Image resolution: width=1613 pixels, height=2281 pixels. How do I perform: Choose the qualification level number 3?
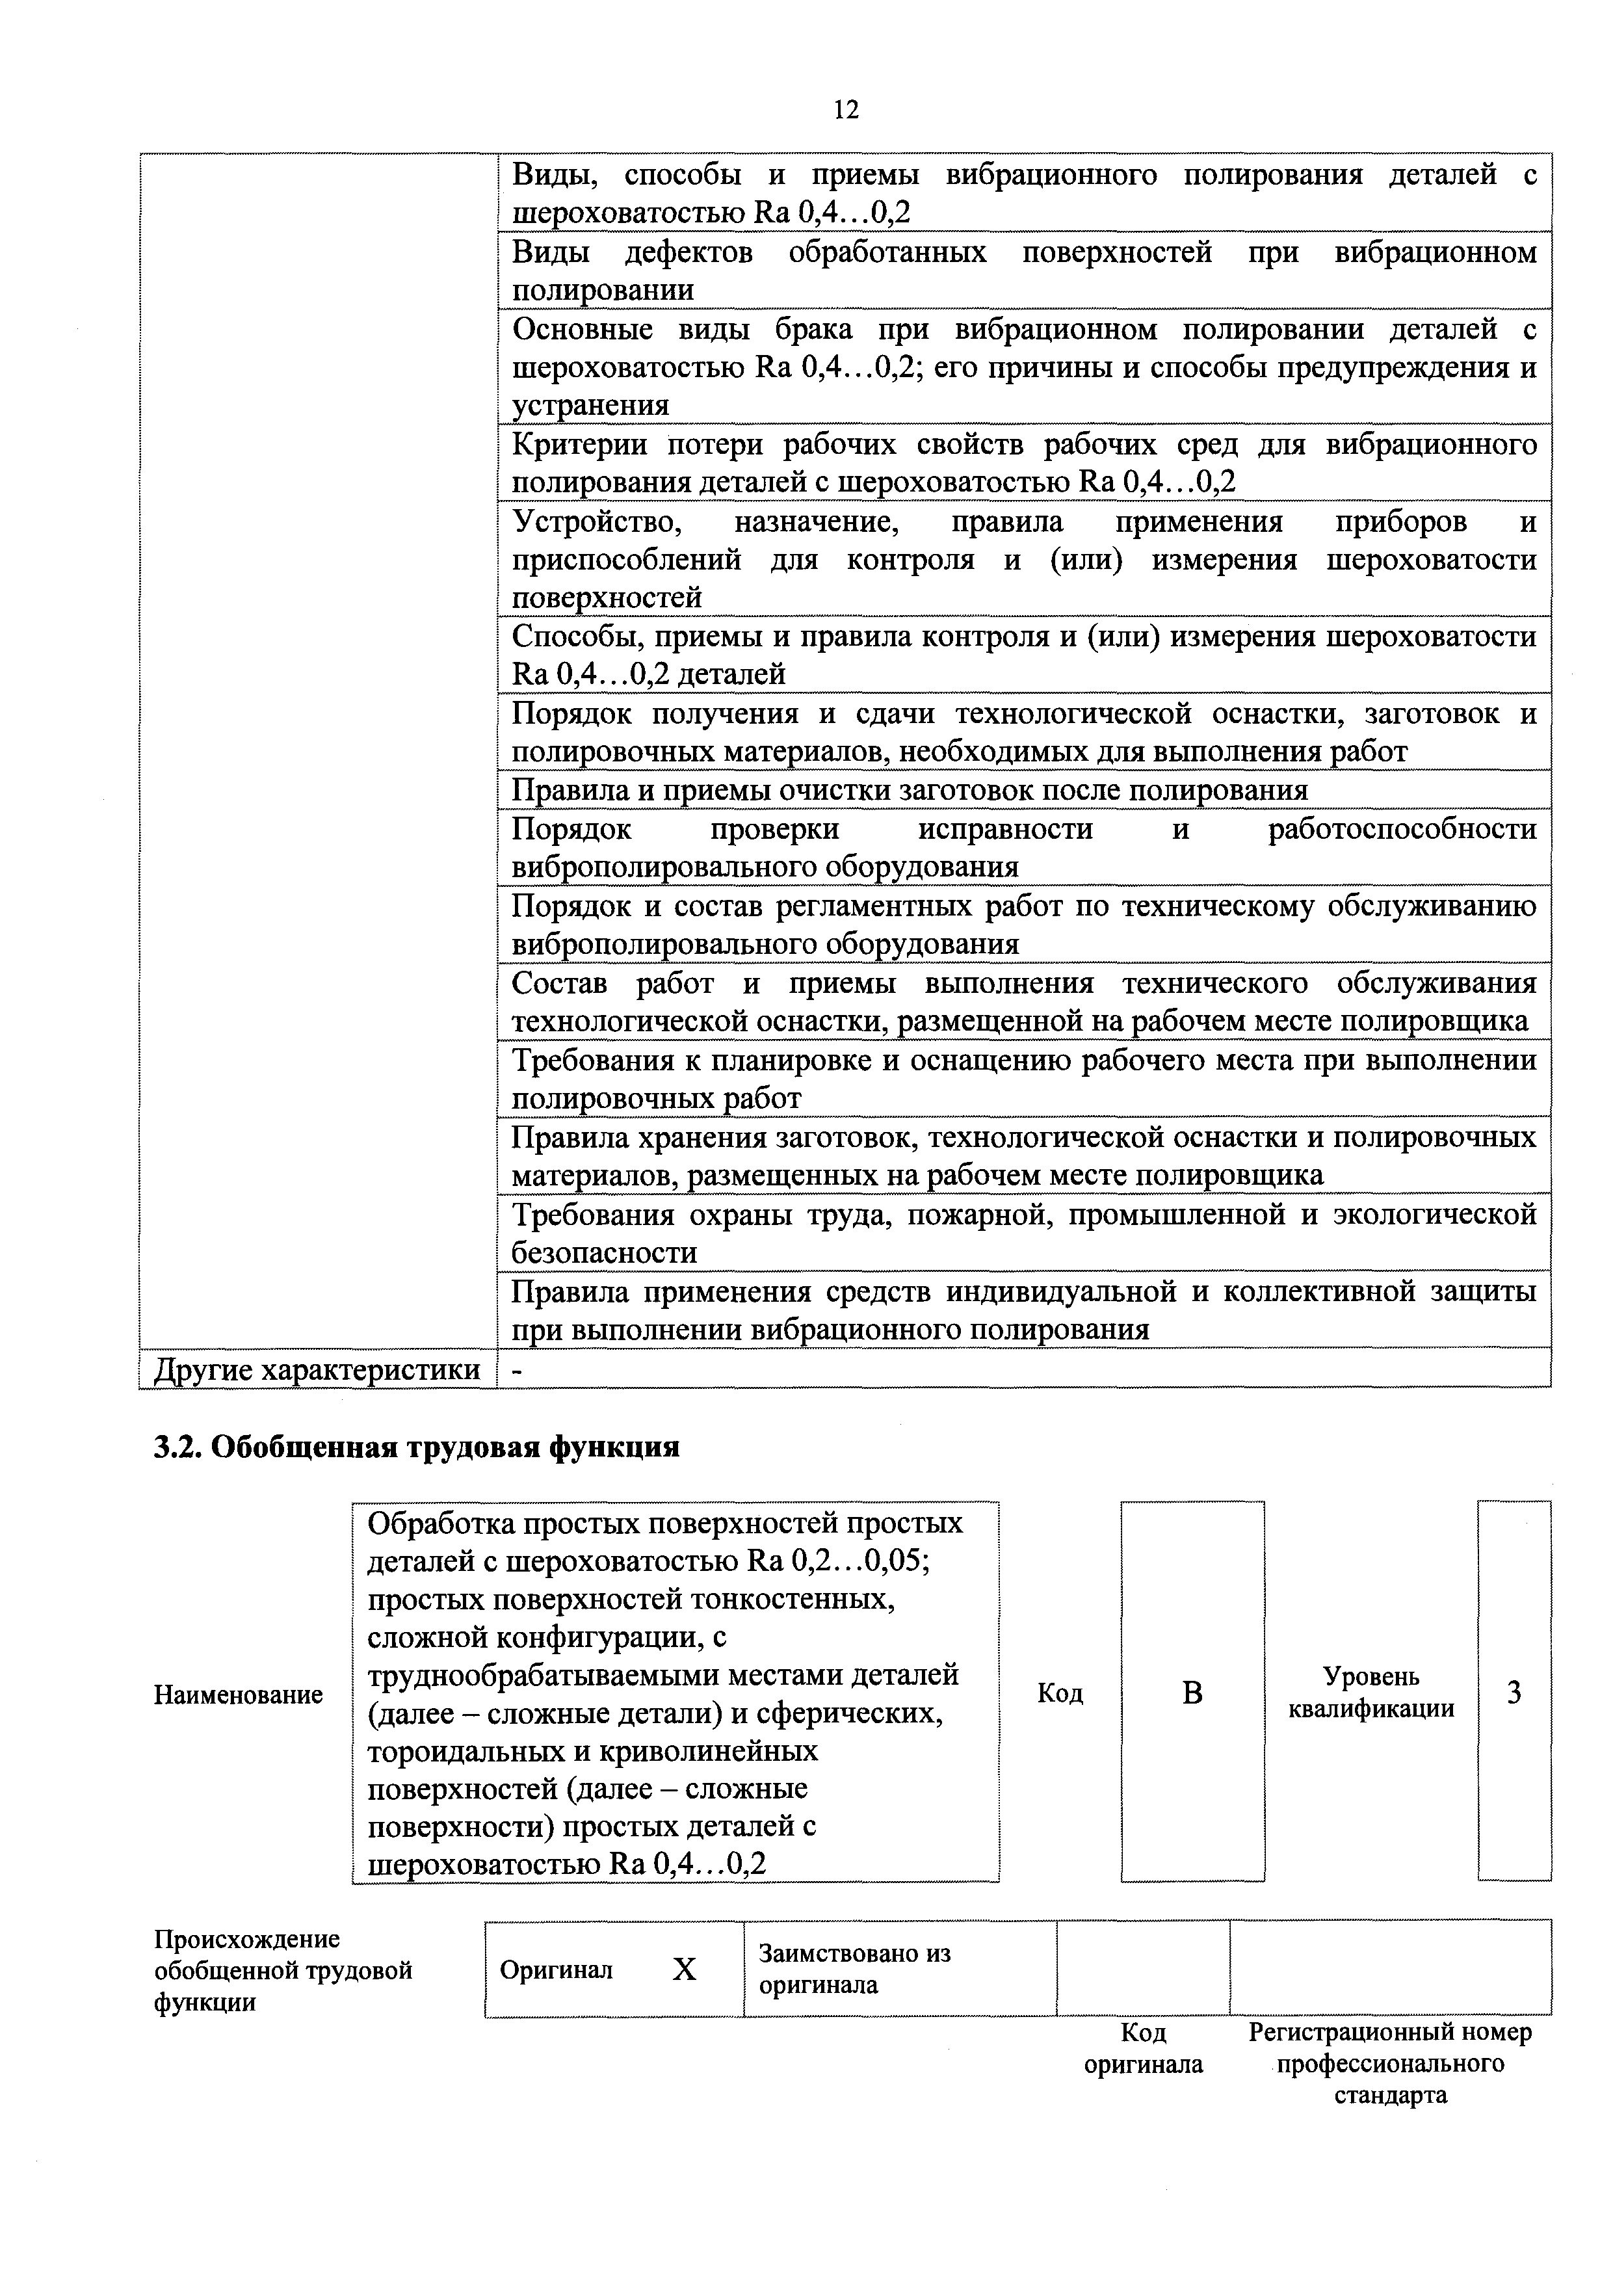(x=1514, y=1693)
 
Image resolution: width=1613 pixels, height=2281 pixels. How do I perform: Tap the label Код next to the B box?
(x=1060, y=1693)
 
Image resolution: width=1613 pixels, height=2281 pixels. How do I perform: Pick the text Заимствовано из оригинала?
(x=854, y=1969)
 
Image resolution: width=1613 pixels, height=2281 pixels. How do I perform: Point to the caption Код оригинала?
(x=1143, y=2048)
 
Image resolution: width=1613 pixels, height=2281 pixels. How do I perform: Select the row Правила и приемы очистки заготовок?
(x=909, y=790)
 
